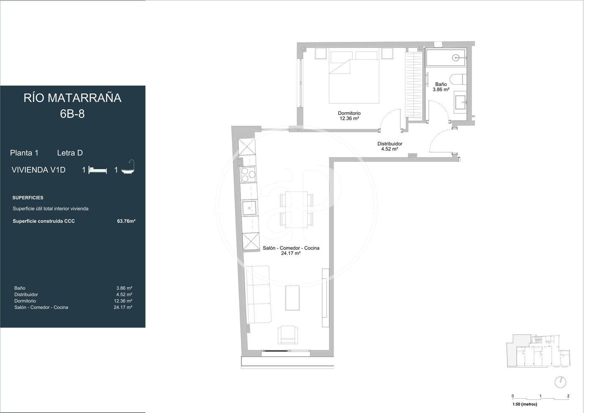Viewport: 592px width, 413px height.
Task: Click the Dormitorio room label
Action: point(349,114)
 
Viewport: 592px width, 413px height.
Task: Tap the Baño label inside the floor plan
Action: point(441,84)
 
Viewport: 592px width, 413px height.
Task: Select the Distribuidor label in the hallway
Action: point(389,144)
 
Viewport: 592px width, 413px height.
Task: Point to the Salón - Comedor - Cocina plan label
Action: point(291,248)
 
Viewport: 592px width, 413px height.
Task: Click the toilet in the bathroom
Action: point(458,80)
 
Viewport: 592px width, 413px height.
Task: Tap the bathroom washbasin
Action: point(460,102)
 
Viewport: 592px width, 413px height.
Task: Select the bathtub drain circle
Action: point(455,58)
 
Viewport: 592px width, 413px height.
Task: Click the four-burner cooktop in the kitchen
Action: point(248,175)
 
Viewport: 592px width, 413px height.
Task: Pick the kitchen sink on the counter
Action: point(249,208)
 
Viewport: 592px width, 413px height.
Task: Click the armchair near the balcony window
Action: point(288,335)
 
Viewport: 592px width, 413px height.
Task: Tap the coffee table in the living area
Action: point(292,298)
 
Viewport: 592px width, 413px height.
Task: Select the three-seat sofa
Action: point(258,294)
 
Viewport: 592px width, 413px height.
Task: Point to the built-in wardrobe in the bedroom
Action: point(414,84)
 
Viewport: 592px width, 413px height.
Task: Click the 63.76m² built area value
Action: point(126,221)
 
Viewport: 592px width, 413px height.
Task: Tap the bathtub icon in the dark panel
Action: point(128,167)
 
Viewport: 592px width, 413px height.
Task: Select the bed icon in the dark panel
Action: point(98,170)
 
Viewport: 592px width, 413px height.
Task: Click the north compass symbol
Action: point(560,382)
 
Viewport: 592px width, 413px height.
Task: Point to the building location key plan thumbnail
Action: point(538,351)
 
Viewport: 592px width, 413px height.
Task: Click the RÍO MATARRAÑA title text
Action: point(72,98)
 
